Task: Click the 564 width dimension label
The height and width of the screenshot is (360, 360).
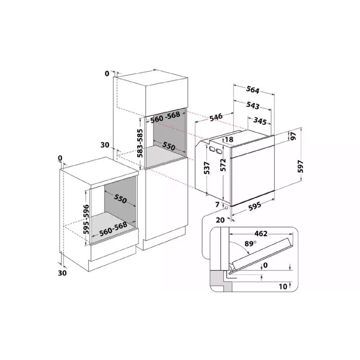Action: click(252, 90)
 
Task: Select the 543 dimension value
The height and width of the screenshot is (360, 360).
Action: click(253, 105)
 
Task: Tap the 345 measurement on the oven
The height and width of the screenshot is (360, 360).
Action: click(260, 121)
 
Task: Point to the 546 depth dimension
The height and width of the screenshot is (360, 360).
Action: click(216, 117)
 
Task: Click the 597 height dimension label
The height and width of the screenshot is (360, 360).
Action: click(301, 166)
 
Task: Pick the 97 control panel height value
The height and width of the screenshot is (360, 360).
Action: click(293, 136)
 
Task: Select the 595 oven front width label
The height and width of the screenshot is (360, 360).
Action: click(255, 206)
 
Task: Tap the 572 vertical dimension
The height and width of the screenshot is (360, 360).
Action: click(223, 165)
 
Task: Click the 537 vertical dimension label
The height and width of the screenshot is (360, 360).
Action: click(207, 168)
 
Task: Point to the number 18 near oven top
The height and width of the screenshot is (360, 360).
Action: click(229, 139)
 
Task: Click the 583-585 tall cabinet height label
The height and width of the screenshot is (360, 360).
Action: click(139, 143)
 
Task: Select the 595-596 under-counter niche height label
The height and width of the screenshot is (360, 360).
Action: click(86, 219)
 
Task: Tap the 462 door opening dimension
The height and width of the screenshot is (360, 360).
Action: click(261, 234)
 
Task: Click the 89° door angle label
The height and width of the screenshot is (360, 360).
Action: click(250, 243)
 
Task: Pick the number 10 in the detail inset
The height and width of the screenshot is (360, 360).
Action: click(283, 286)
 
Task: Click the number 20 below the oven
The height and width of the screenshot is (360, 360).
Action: click(220, 220)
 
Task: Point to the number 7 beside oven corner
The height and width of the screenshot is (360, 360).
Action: click(217, 204)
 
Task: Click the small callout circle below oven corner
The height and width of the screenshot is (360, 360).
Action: click(227, 208)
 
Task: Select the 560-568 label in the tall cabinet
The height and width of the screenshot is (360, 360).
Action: click(165, 117)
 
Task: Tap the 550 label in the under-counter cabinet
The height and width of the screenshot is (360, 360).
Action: click(120, 198)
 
